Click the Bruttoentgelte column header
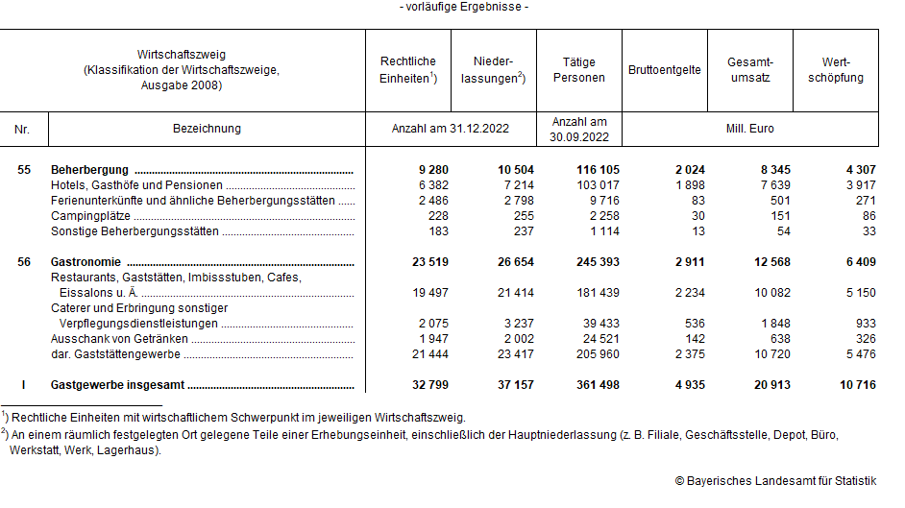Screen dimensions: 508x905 point(665,70)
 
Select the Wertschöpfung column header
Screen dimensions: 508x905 point(836,70)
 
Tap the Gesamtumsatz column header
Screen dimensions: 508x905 point(750,70)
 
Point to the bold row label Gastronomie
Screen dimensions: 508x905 point(87,262)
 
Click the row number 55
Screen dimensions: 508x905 point(24,170)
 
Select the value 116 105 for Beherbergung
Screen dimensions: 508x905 point(597,170)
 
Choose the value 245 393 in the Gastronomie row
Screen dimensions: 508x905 point(597,262)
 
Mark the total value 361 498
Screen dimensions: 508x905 point(597,385)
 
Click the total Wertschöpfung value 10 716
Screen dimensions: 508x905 point(856,385)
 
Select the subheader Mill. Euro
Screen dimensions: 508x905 point(750,128)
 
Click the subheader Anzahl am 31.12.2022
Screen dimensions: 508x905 point(451,128)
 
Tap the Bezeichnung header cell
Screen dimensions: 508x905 point(207,128)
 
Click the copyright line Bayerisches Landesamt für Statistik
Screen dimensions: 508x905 point(776,480)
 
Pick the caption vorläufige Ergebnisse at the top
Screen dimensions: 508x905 point(464,8)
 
